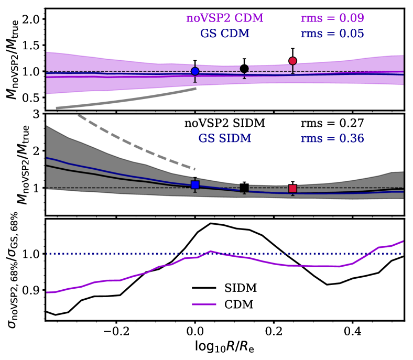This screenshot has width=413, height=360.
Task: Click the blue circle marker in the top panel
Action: point(195,71)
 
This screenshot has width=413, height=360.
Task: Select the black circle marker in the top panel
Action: point(244,69)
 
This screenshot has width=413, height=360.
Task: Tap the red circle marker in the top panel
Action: point(292,61)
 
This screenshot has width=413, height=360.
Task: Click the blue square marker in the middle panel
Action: point(195,184)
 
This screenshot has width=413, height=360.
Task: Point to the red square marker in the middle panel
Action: point(292,189)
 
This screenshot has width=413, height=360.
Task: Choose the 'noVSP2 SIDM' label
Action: point(225,124)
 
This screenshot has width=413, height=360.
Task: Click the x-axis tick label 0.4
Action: point(353,331)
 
